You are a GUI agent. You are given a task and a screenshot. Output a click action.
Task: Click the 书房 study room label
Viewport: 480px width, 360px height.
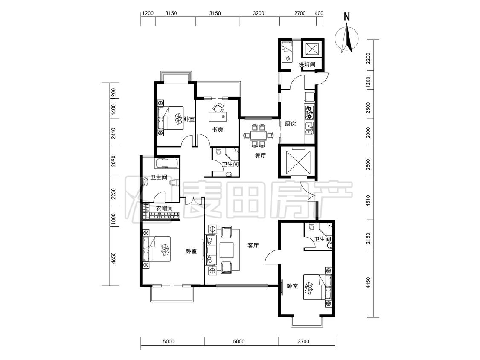[218, 130]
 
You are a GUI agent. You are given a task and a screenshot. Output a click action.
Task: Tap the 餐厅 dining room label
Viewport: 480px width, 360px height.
[260, 156]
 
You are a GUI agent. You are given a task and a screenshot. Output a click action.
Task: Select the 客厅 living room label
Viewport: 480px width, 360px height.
[253, 245]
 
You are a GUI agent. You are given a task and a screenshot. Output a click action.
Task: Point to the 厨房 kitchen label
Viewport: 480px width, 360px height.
[291, 124]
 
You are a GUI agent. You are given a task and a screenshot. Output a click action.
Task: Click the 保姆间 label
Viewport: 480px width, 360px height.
[307, 64]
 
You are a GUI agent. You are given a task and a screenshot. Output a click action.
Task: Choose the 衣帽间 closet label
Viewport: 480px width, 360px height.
[164, 208]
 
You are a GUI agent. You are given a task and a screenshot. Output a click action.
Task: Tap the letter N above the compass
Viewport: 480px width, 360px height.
[347, 17]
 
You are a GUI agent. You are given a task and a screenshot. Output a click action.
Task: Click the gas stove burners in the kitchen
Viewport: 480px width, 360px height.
[309, 112]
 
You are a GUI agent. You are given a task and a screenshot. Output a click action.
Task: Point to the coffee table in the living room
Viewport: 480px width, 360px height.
[227, 250]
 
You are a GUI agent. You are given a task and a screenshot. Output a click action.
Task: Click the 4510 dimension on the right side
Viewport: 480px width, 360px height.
[368, 201]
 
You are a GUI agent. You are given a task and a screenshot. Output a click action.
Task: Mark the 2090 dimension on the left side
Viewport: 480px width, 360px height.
[113, 161]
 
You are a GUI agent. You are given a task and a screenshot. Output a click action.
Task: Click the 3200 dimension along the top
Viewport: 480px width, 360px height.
[259, 13]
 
